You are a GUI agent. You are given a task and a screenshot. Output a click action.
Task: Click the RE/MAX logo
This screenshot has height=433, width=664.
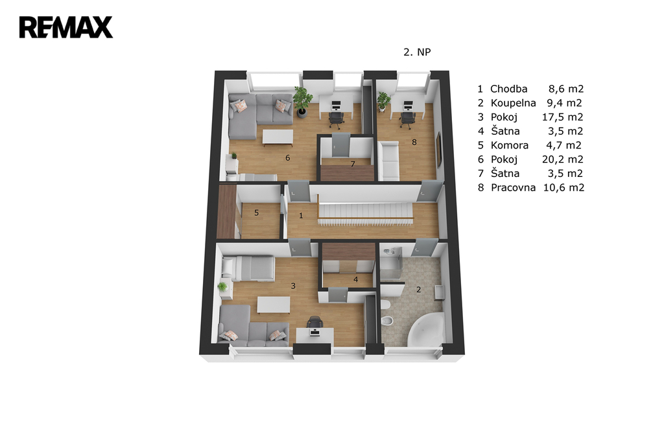pos(66,27)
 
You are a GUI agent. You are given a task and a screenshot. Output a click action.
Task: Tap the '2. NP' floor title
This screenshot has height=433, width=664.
pos(417,52)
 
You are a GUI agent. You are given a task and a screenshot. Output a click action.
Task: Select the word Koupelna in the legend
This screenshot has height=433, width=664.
pos(514,103)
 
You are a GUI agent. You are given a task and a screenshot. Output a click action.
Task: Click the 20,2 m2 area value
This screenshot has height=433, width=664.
pos(563,159)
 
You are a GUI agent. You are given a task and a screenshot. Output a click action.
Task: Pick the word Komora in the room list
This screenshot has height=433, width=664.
pos(510,145)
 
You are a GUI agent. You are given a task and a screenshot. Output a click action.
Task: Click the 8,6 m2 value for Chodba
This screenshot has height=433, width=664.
pos(566,89)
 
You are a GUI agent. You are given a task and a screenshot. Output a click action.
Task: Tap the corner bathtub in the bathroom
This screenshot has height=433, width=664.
pos(425,329)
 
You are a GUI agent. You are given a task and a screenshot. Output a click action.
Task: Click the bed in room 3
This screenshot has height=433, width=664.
pos(248,268)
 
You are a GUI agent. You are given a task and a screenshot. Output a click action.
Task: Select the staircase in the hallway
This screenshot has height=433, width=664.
pos(365,214)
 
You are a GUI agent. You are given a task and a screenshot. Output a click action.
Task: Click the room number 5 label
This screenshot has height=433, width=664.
pos(256,213)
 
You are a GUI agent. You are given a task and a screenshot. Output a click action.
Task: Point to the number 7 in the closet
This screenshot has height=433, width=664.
pos(352,164)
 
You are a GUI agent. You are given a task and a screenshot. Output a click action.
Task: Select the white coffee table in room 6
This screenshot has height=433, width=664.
pos(278,137)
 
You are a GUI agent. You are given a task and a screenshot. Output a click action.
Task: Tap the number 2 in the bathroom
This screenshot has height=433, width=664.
pos(418,290)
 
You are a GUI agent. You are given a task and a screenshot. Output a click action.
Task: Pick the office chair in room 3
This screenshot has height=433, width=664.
pos(314,322)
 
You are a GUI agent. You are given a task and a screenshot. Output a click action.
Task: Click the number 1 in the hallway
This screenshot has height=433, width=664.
pos(301,216)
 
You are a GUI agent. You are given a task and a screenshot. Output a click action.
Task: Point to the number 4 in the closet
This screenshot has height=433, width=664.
pos(356,279)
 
